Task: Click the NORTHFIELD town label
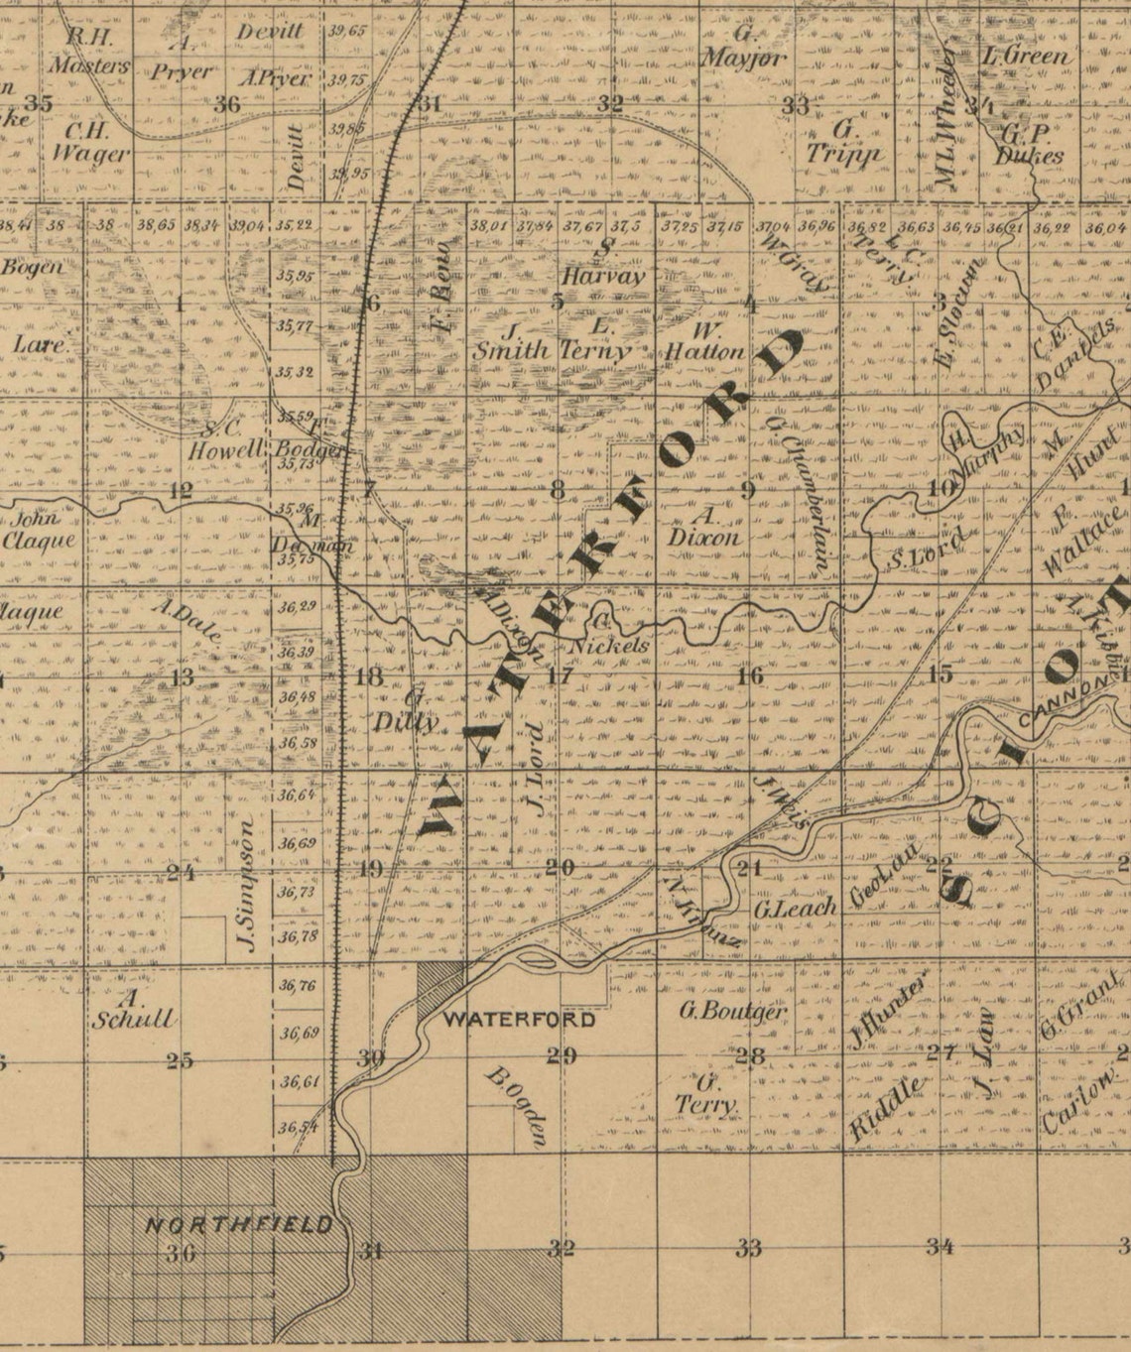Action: point(239,1224)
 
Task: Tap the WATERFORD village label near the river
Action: point(519,1020)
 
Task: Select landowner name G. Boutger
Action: point(732,1012)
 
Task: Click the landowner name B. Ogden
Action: point(516,1105)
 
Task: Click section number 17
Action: point(559,676)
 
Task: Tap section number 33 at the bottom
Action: point(749,1247)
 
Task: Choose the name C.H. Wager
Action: point(90,142)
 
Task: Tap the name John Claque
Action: point(38,530)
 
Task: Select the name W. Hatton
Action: point(704,340)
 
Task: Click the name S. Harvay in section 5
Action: point(604,264)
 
